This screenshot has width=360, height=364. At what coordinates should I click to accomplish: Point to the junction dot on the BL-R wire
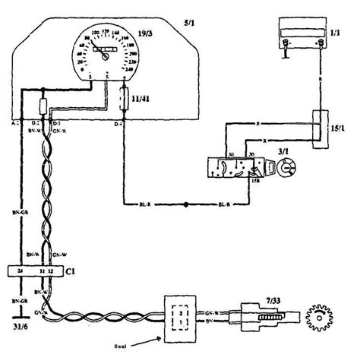(187, 204)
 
